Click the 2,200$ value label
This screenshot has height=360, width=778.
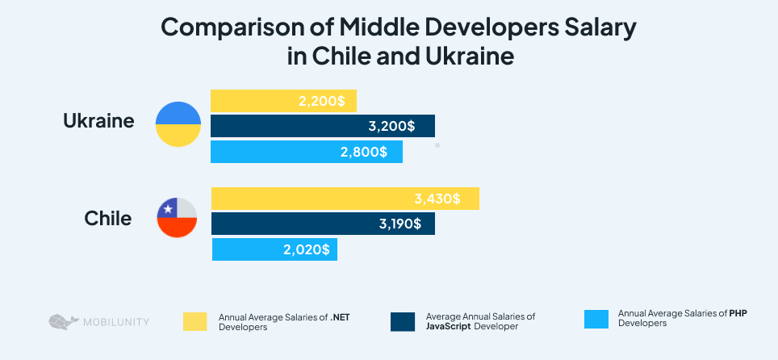click(x=320, y=101)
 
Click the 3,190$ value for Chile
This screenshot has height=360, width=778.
click(x=400, y=224)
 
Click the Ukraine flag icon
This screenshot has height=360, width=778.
click(x=178, y=124)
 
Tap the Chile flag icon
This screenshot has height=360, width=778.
click(x=178, y=218)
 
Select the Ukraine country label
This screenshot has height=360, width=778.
click(x=98, y=122)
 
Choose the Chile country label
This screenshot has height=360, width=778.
click(x=107, y=218)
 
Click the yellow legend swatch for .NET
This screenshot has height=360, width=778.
click(x=195, y=321)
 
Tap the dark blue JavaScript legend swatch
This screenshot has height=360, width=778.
click(x=402, y=321)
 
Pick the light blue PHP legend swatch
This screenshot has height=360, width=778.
click(x=595, y=319)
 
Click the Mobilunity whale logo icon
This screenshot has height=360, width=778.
click(x=61, y=321)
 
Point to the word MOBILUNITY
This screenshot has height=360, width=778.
click(x=115, y=322)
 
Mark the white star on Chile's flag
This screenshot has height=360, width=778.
click(x=168, y=209)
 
